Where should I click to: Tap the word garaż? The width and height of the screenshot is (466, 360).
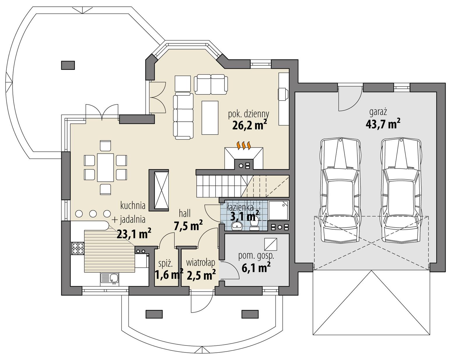378,112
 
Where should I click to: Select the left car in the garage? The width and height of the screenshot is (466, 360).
340,191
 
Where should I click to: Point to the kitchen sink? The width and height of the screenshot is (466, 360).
110,279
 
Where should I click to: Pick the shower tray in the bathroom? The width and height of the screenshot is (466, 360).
278,210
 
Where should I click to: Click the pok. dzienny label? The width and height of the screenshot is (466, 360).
248,114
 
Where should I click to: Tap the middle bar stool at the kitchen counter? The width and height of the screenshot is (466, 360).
93,214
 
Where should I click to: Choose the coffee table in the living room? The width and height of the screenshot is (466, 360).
210,118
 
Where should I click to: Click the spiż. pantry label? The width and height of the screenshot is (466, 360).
166,264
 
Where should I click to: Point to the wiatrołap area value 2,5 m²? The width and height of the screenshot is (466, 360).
201,275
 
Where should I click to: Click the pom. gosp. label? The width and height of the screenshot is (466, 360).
256,256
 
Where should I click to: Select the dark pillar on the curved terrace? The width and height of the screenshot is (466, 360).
68,65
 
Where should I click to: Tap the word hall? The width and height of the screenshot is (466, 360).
185,213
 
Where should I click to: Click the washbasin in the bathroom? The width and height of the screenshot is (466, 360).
237,225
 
